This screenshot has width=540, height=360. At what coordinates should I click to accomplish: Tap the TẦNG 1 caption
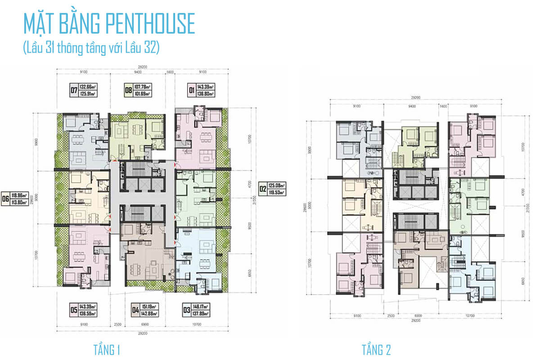[x=106, y=350]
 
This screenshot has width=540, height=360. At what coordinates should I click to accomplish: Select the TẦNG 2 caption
[x=376, y=350]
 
